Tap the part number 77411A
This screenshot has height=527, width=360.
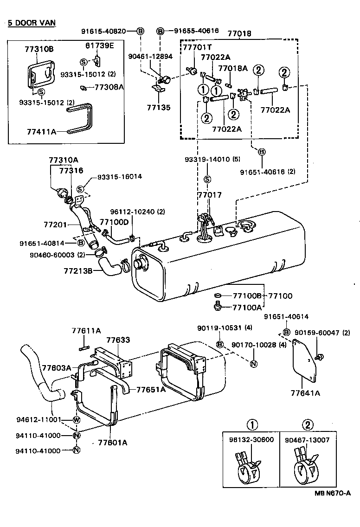point(41,132)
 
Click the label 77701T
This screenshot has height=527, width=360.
point(196,48)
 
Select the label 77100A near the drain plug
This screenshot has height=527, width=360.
point(247,307)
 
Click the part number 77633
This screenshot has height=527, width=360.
point(118,340)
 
